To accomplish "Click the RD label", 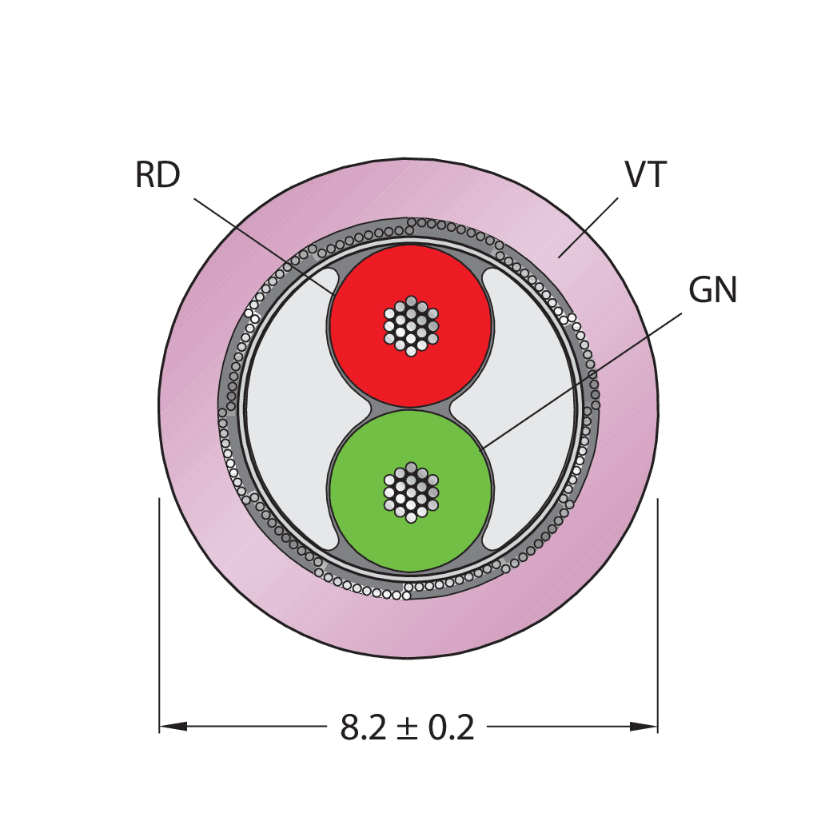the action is click(157, 175).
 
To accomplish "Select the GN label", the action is click(712, 289).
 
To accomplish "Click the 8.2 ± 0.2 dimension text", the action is click(408, 727).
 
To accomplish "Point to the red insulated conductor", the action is click(411, 326).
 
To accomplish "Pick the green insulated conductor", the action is click(411, 491).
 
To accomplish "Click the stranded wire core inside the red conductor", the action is click(411, 326).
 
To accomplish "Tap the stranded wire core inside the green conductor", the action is click(411, 492).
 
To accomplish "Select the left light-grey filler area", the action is click(291, 409).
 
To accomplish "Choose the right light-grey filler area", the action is click(529, 409).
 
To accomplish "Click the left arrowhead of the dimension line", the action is click(173, 727).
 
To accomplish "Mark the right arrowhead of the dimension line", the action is click(644, 727).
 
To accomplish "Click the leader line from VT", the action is click(588, 228).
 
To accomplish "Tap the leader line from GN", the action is click(580, 381).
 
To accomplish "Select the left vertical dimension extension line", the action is click(159, 616).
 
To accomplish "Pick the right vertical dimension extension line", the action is click(658, 616).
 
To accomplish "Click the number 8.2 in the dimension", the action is click(363, 727).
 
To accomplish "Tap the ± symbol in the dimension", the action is click(407, 728).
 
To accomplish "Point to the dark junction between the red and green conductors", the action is click(411, 408).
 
